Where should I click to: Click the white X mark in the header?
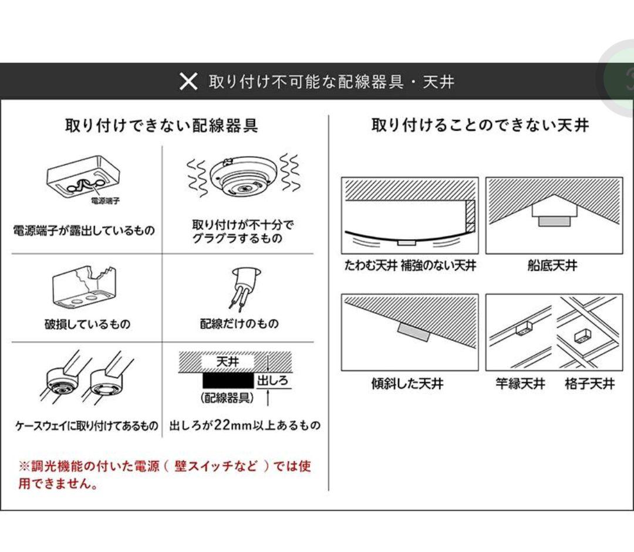(188, 82)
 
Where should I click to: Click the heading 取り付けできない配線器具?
(161, 126)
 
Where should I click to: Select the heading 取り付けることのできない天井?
(480, 126)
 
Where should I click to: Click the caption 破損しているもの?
(87, 324)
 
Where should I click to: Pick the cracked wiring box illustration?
(85, 288)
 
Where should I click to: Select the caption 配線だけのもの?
(240, 324)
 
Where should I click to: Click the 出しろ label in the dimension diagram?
(274, 381)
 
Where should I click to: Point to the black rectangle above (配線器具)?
(228, 380)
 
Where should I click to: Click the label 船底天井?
(552, 266)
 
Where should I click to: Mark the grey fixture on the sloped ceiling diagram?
(413, 331)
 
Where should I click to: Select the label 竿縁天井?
(520, 384)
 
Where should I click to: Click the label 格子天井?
(589, 384)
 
